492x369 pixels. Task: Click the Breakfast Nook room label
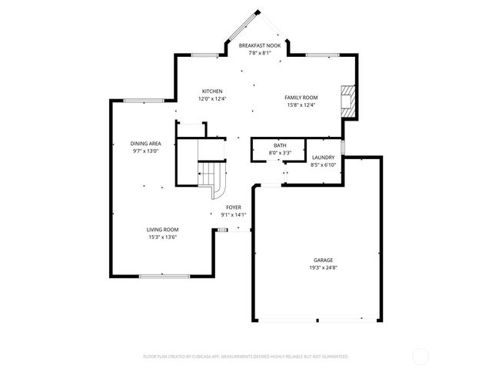point(254,46)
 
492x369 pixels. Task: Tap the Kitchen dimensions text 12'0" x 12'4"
point(212,98)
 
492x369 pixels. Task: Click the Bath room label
point(280,146)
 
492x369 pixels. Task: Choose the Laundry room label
point(323,158)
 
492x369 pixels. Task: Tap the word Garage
point(323,261)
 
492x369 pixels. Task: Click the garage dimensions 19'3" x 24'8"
point(323,268)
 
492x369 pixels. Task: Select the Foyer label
point(234,208)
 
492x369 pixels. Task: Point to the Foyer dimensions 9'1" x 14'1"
point(234,215)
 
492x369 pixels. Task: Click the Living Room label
point(163,230)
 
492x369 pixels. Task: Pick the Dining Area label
point(145,144)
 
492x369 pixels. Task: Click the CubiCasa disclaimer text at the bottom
point(246,357)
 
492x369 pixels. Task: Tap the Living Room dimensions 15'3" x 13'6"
point(163,238)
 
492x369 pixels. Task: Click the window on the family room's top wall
point(318,55)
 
